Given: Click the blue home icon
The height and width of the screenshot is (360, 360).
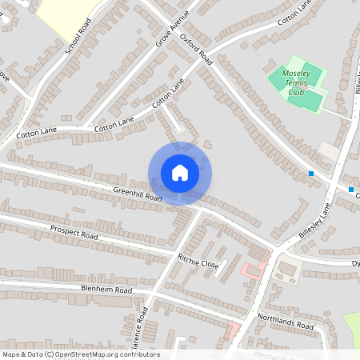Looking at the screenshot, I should click(x=180, y=173).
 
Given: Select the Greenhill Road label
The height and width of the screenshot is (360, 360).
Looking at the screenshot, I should click(x=138, y=194).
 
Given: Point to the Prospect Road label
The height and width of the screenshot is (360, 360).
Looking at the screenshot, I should click(x=74, y=233).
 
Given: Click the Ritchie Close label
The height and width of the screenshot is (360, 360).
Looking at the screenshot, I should click(x=198, y=262).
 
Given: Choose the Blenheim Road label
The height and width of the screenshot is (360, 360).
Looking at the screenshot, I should click(x=105, y=289).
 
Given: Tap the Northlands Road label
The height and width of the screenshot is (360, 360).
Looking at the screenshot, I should click(x=286, y=322).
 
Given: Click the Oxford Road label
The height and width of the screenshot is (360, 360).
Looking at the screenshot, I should click(x=196, y=49).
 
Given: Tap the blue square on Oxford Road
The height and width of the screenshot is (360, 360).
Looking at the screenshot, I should click(x=311, y=174).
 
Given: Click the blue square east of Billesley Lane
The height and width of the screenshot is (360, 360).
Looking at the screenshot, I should click(x=351, y=190).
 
